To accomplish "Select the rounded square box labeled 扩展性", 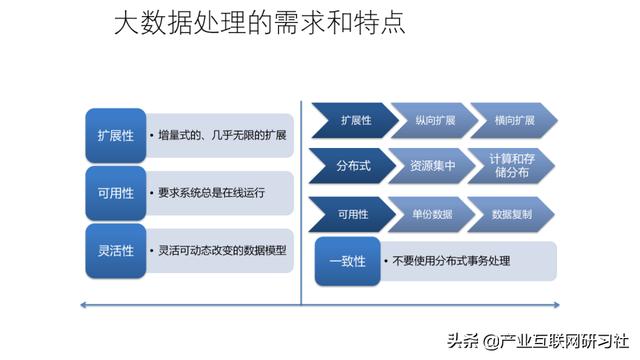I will tap(114, 134).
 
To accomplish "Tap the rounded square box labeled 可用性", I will tap(114, 192).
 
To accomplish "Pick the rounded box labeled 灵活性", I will tap(114, 250).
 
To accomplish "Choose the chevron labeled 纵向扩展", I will tap(427, 120).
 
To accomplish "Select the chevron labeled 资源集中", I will tap(427, 166).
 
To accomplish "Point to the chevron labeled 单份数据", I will tap(427, 214).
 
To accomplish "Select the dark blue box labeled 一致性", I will tap(347, 260).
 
